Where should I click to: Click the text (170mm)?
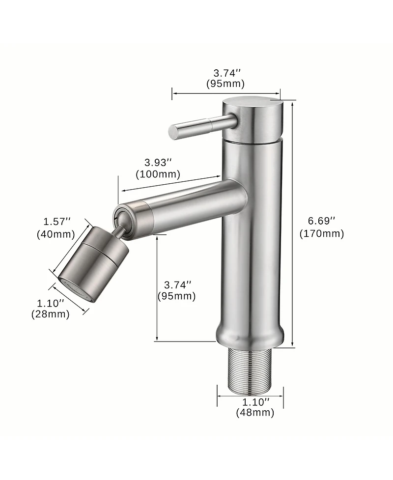tap(322, 234)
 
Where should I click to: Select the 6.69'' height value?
tap(322, 221)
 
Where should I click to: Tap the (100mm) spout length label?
tap(158, 174)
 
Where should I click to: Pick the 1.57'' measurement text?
tap(57, 222)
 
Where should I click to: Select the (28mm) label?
tap(50, 314)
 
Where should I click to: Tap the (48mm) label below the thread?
tap(255, 413)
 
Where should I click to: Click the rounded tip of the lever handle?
tap(173, 131)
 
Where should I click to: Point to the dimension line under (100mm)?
tap(169, 184)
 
